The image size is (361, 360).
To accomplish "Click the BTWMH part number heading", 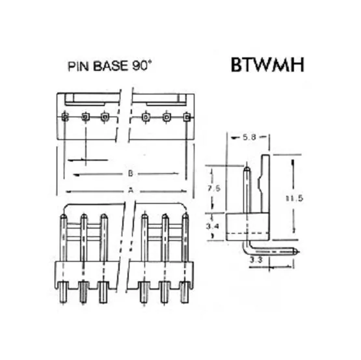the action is [267, 64].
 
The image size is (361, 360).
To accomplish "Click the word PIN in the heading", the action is [78, 66].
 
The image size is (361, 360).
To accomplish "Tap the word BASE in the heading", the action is [110, 66].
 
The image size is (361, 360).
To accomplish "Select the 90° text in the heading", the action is [142, 66].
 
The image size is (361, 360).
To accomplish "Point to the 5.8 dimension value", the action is [249, 137].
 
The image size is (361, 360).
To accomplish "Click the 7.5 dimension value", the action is [214, 188].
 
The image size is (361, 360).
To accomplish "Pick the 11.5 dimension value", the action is [294, 198].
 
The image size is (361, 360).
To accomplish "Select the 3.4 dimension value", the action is [213, 227].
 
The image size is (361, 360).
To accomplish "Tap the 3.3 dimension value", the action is [256, 260].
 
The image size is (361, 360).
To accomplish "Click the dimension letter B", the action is [130, 173].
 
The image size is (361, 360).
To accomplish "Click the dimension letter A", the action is [131, 191].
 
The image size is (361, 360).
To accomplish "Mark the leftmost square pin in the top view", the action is [66, 117].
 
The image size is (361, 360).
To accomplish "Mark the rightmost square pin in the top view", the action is [187, 117].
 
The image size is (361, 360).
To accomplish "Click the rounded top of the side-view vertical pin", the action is [247, 169].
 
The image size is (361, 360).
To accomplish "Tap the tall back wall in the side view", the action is [265, 184].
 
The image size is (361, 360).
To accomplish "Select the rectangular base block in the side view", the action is [247, 227].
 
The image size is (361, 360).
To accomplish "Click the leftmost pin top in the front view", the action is [63, 217].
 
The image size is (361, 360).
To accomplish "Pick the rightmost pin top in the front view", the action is [185, 216].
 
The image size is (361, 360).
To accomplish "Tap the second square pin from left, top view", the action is [85, 117].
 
